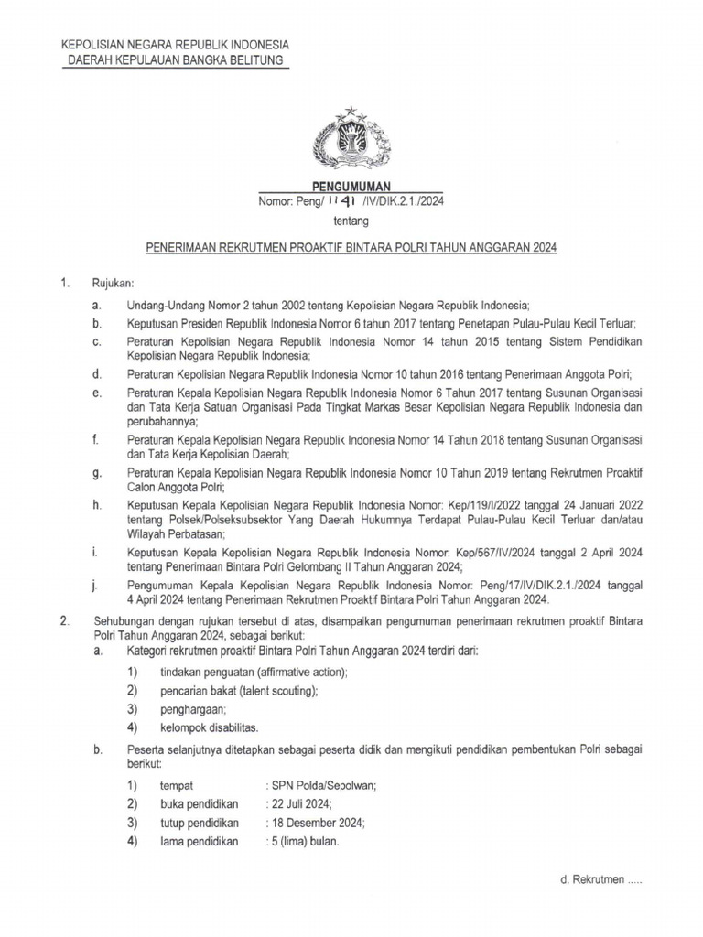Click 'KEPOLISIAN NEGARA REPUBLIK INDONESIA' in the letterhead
coord(175,45)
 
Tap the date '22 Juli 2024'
coord(300,803)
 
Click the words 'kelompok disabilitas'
coord(209,727)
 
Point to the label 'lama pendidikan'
coord(199,842)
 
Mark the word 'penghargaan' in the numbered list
coord(192,709)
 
